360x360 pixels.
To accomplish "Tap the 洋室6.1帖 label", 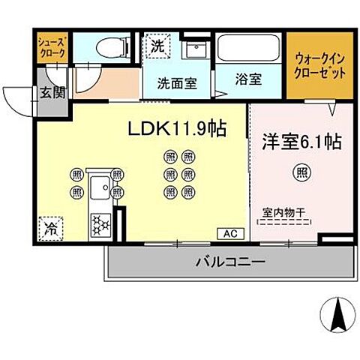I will (x=301, y=141).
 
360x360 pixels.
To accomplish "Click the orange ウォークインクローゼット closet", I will (x=320, y=67).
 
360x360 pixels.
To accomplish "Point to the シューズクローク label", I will (x=51, y=49).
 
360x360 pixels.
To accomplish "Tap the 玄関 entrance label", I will (x=52, y=93).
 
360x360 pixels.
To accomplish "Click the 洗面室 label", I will (x=177, y=83).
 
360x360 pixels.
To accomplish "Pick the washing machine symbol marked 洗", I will (x=157, y=45).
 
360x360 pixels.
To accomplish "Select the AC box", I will (x=229, y=233).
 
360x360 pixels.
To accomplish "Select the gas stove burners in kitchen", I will (x=100, y=223).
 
